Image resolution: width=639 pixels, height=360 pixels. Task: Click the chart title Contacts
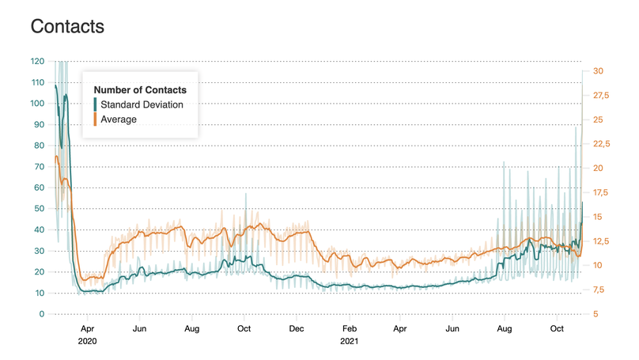pyautogui.click(x=67, y=26)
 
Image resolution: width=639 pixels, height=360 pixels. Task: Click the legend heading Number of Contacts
pyautogui.click(x=139, y=89)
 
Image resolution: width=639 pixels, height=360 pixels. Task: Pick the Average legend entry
pyautogui.click(x=119, y=119)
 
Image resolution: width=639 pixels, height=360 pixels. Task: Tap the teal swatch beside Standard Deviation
pyautogui.click(x=96, y=104)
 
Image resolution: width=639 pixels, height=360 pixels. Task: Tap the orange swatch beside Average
pyautogui.click(x=96, y=119)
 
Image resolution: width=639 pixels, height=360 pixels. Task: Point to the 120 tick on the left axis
pyautogui.click(x=37, y=61)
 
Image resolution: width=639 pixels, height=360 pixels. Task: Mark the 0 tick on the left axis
pyautogui.click(x=42, y=314)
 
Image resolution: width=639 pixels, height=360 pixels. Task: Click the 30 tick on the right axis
pyautogui.click(x=598, y=71)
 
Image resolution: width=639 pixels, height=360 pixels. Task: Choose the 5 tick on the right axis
pyautogui.click(x=596, y=314)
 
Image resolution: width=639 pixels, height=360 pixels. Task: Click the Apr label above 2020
pyautogui.click(x=87, y=328)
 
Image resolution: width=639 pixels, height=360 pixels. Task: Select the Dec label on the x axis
pyautogui.click(x=297, y=328)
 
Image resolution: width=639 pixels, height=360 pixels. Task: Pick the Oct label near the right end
pyautogui.click(x=557, y=328)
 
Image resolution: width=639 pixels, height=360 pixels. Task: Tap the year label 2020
pyautogui.click(x=88, y=342)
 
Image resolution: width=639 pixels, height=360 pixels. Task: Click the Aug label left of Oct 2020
pyautogui.click(x=192, y=328)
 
